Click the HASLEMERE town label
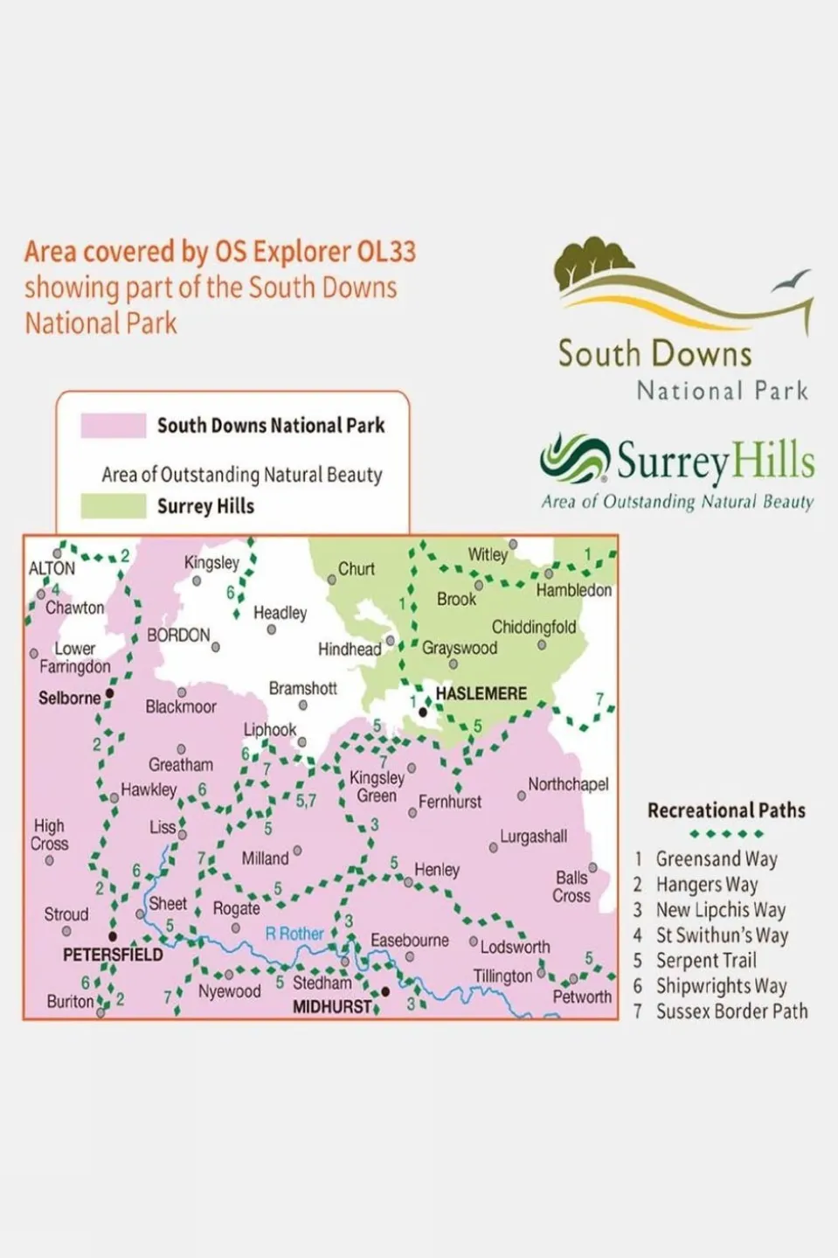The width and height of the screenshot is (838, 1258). (x=481, y=693)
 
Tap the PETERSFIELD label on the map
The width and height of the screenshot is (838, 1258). (x=113, y=955)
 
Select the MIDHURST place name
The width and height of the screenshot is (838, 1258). (x=332, y=1006)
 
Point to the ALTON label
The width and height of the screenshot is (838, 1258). (x=52, y=568)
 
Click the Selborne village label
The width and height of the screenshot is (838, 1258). (x=69, y=698)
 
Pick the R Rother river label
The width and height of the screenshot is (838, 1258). (x=294, y=934)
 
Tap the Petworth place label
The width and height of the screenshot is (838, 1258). (x=582, y=997)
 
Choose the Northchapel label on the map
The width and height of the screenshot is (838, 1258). (x=568, y=784)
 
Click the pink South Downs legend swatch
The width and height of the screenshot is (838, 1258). (x=114, y=426)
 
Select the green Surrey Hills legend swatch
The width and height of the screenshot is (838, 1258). (x=114, y=506)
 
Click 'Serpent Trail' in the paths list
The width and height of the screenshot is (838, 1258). (x=706, y=960)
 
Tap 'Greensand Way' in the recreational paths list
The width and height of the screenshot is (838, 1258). (x=717, y=858)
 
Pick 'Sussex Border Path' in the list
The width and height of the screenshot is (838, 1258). (x=731, y=1011)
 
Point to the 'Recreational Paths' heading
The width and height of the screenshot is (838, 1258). (x=726, y=810)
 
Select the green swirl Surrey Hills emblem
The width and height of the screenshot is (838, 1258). (x=574, y=458)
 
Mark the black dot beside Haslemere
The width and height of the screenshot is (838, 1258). (x=423, y=712)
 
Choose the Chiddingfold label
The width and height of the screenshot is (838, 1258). (x=533, y=627)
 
